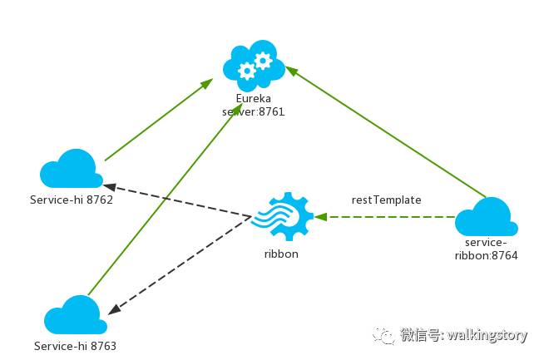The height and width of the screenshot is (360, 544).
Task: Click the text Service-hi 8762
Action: [x=71, y=200]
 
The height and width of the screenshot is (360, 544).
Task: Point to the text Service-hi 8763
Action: [x=75, y=345]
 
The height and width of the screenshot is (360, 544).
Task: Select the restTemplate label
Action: [x=386, y=200]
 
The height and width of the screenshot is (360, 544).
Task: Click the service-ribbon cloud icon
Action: [x=487, y=218]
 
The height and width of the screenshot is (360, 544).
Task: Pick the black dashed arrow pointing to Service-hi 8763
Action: [x=179, y=265]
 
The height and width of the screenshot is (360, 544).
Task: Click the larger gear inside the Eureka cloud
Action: [x=263, y=60]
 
